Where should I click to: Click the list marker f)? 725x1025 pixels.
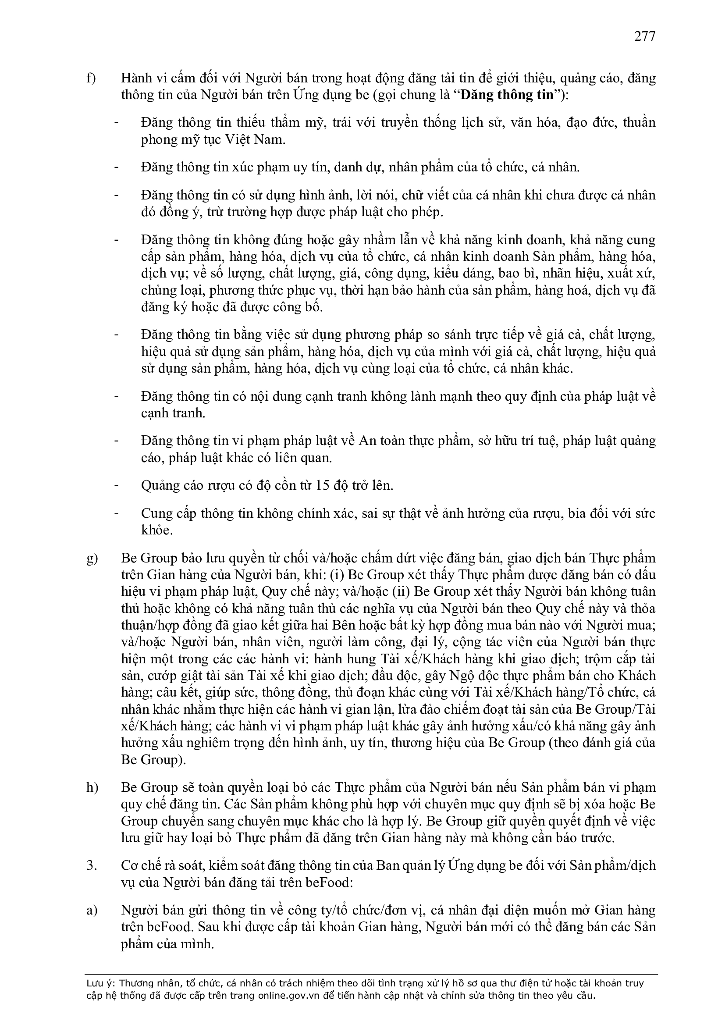pyautogui.click(x=91, y=78)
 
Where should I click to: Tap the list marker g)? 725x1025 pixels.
pyautogui.click(x=92, y=559)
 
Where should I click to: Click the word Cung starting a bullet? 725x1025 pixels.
pyautogui.click(x=156, y=513)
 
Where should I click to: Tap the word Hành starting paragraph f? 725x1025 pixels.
pyautogui.click(x=136, y=78)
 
